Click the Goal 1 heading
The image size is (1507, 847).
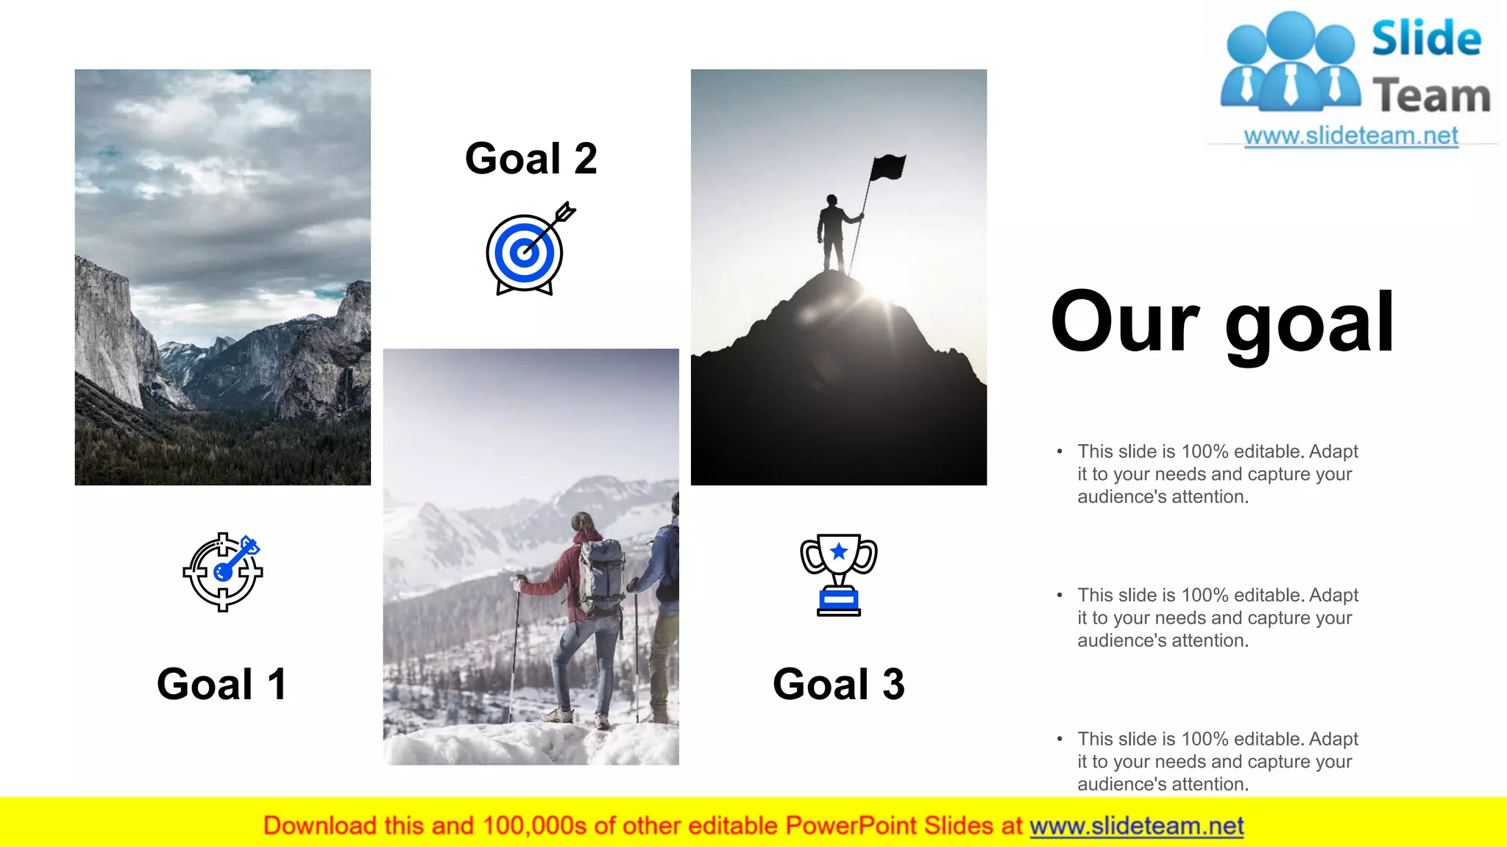221,685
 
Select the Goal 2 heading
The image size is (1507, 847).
531,159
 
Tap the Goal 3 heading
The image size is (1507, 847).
838,685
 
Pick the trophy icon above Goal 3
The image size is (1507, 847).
838,574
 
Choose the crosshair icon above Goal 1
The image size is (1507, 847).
223,572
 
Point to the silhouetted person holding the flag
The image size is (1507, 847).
832,232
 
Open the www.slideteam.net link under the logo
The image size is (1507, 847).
1350,136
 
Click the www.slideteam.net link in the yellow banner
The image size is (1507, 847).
1136,826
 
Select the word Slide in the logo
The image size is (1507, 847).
1426,38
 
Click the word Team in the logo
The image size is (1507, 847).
1430,96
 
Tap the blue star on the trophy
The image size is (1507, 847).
838,551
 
